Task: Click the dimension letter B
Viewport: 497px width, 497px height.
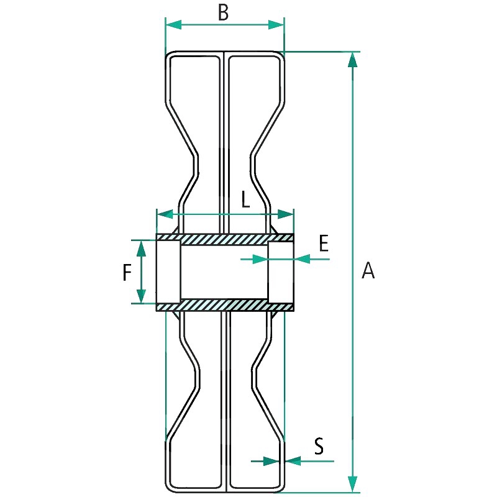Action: tap(224, 13)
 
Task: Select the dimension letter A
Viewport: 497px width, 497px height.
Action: tap(368, 271)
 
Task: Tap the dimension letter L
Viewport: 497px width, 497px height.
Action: tap(245, 199)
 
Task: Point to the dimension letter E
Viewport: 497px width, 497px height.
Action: tap(323, 244)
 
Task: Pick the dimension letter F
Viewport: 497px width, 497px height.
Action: tap(127, 273)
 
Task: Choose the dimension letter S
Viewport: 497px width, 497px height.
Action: tap(319, 446)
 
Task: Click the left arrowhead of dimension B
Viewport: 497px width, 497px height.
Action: tap(173, 25)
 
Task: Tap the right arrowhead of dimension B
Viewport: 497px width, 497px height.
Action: tap(276, 25)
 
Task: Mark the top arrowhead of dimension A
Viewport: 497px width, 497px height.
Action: tap(352, 59)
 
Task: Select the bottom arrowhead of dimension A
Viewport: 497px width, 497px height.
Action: tap(352, 485)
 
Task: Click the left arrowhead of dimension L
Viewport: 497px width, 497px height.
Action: tap(165, 214)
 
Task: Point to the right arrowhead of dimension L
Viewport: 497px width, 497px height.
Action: tap(286, 214)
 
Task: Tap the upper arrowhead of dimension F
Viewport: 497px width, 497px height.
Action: tap(141, 248)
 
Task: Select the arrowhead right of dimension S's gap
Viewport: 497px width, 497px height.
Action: tap(293, 461)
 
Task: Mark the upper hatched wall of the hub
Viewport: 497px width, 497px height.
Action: tap(225, 239)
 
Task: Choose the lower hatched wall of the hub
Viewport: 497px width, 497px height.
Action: tap(225, 305)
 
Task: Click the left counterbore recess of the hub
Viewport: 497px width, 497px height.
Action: tap(168, 271)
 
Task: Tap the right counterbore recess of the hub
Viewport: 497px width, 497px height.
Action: tap(281, 271)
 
